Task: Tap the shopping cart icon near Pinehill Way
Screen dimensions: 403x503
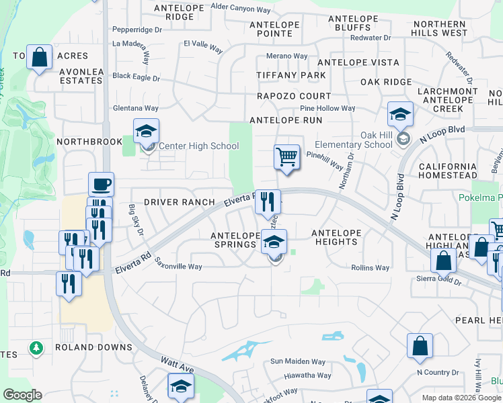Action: click(x=287, y=158)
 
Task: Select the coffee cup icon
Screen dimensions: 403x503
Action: click(x=101, y=184)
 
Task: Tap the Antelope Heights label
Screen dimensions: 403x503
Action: click(x=336, y=237)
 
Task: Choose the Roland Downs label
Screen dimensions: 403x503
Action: click(x=93, y=347)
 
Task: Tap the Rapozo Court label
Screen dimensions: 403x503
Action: click(x=294, y=96)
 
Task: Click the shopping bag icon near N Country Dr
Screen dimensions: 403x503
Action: click(x=420, y=347)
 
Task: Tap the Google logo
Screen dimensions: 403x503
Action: click(x=22, y=395)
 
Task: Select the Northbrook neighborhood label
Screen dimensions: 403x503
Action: click(x=89, y=142)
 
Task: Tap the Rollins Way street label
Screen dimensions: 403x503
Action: click(x=370, y=268)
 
